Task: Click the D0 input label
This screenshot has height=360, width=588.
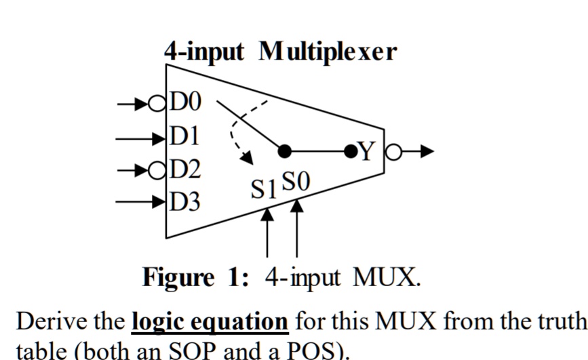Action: tap(185, 103)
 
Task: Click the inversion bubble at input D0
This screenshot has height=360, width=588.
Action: tap(157, 104)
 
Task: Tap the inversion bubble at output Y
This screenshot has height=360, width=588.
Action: tap(393, 151)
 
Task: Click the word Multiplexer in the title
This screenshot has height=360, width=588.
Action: tap(327, 52)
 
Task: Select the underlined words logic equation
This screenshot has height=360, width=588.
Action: tap(210, 321)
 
